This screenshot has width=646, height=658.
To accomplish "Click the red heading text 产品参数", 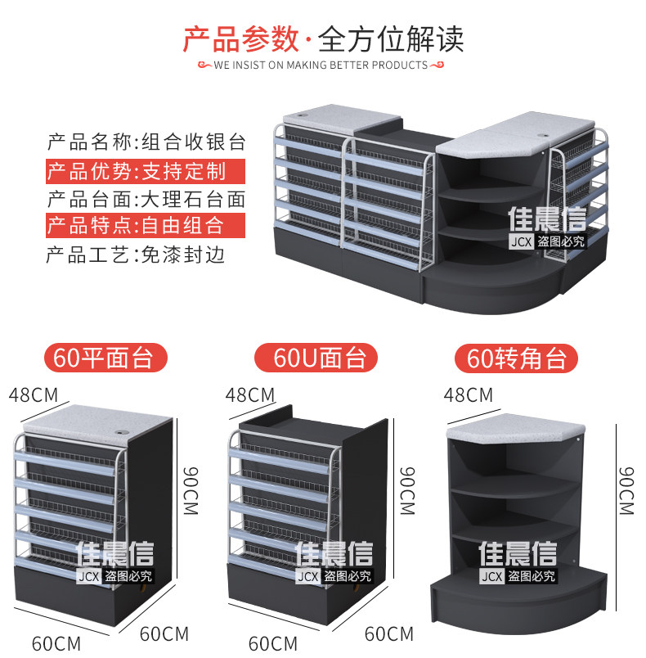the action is pos(241,39).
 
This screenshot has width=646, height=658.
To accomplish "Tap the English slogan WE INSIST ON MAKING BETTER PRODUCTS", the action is pos(321,65).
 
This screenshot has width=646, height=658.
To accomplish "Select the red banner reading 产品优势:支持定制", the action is pos(145,171).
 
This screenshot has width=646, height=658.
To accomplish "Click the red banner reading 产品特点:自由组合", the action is pos(145,225).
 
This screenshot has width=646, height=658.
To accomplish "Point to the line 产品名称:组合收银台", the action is pos(146,142).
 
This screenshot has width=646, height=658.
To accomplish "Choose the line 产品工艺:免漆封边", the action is pos(136,255).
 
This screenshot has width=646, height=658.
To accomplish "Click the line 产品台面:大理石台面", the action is pos(146,199).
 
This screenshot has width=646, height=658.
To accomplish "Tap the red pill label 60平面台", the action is pos(105,358).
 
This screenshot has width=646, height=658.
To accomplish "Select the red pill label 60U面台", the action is pos(316,358).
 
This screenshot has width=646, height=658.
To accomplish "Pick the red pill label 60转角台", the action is pos(516,358).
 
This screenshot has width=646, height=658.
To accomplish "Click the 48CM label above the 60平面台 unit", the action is pos(33,395).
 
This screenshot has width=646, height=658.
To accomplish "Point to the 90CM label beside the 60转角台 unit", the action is pos(626,490).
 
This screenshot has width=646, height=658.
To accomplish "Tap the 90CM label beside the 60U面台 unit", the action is pos(407,490).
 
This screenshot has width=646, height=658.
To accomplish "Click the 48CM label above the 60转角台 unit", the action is pos(469,395).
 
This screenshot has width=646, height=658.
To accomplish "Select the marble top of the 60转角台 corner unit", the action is pos(516,428).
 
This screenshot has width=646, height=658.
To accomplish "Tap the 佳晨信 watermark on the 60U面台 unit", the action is pos(334,553).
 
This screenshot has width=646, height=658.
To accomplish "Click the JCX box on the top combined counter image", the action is pos(521,241).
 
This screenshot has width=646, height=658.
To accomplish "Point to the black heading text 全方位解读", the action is pos(391,39).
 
